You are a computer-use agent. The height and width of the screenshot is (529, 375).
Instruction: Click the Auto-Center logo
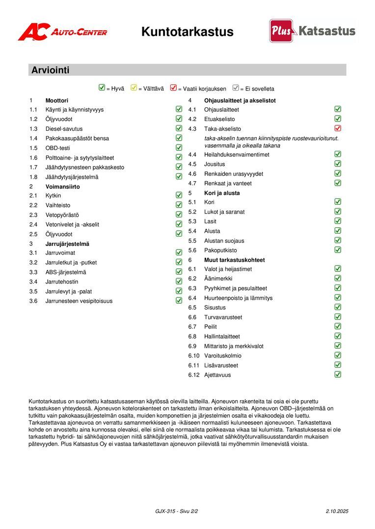click(x=62, y=32)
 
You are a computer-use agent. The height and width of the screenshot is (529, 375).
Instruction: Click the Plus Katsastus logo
click(x=312, y=31)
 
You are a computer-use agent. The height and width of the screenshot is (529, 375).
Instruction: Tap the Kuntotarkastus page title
click(x=187, y=32)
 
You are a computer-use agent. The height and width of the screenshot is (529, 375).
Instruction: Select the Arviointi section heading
click(x=51, y=70)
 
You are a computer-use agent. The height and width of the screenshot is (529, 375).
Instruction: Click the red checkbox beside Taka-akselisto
click(x=338, y=128)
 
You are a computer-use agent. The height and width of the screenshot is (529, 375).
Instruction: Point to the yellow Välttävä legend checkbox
click(x=134, y=88)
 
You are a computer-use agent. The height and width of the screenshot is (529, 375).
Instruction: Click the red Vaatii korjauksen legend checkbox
click(x=173, y=88)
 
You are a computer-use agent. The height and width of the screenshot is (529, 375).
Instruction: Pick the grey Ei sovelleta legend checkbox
click(x=236, y=88)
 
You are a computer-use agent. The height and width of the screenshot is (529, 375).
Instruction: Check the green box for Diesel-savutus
click(x=179, y=128)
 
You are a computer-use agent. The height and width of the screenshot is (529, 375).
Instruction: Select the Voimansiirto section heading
click(x=62, y=187)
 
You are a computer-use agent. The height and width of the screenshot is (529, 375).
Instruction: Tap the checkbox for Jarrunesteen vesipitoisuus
click(x=179, y=300)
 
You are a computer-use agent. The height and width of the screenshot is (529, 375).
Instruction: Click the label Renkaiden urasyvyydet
click(x=234, y=174)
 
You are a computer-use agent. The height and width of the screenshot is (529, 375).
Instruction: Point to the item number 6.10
click(x=194, y=356)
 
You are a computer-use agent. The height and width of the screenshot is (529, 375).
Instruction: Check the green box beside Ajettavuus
click(x=338, y=374)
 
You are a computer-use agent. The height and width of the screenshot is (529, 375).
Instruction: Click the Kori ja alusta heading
click(x=222, y=193)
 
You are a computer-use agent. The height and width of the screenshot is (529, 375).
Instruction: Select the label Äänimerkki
click(x=218, y=279)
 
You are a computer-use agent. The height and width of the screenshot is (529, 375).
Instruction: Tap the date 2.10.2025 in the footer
click(x=337, y=511)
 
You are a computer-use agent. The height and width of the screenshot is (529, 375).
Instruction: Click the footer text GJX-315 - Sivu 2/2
click(x=176, y=511)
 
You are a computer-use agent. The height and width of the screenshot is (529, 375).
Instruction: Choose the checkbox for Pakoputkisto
click(x=338, y=250)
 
